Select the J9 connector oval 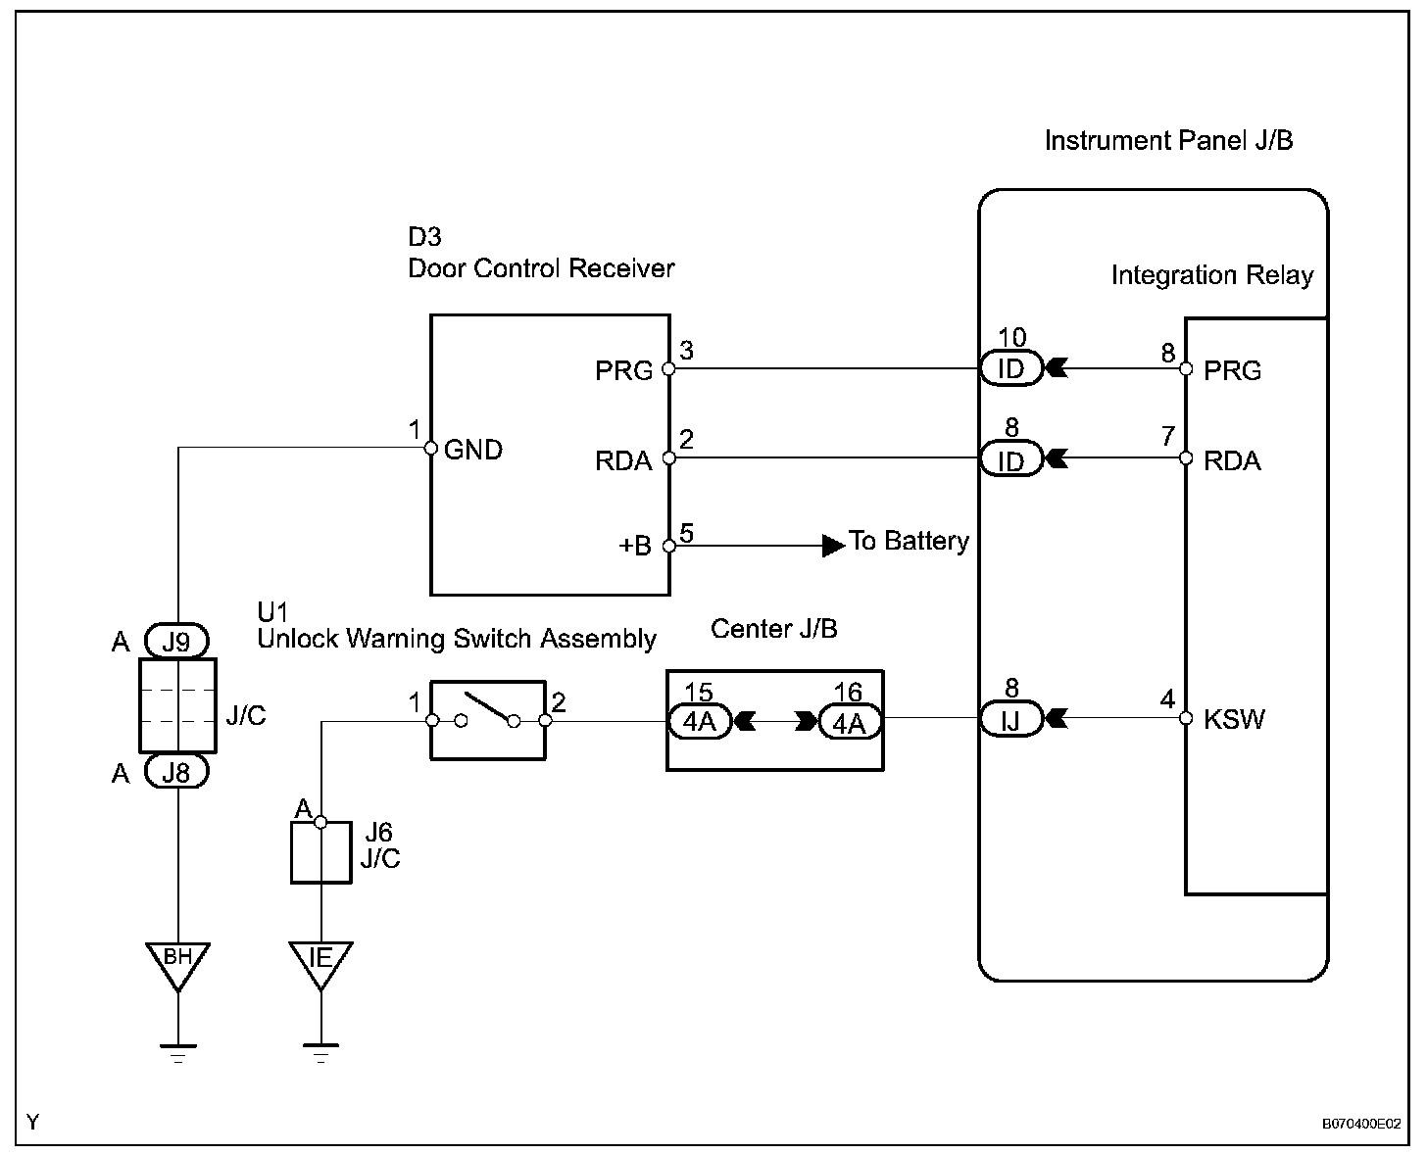177,642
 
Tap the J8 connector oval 177,773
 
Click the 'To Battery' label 909,541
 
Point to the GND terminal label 473,450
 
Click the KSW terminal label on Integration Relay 1234,719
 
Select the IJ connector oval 1010,721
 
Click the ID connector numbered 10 1010,369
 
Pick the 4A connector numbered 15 699,723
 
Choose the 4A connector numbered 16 850,723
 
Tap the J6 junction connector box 320,852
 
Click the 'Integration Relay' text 1211,275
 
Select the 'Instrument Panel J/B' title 1168,141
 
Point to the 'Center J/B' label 773,628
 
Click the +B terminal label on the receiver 635,546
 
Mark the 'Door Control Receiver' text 541,267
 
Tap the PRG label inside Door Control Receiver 623,370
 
